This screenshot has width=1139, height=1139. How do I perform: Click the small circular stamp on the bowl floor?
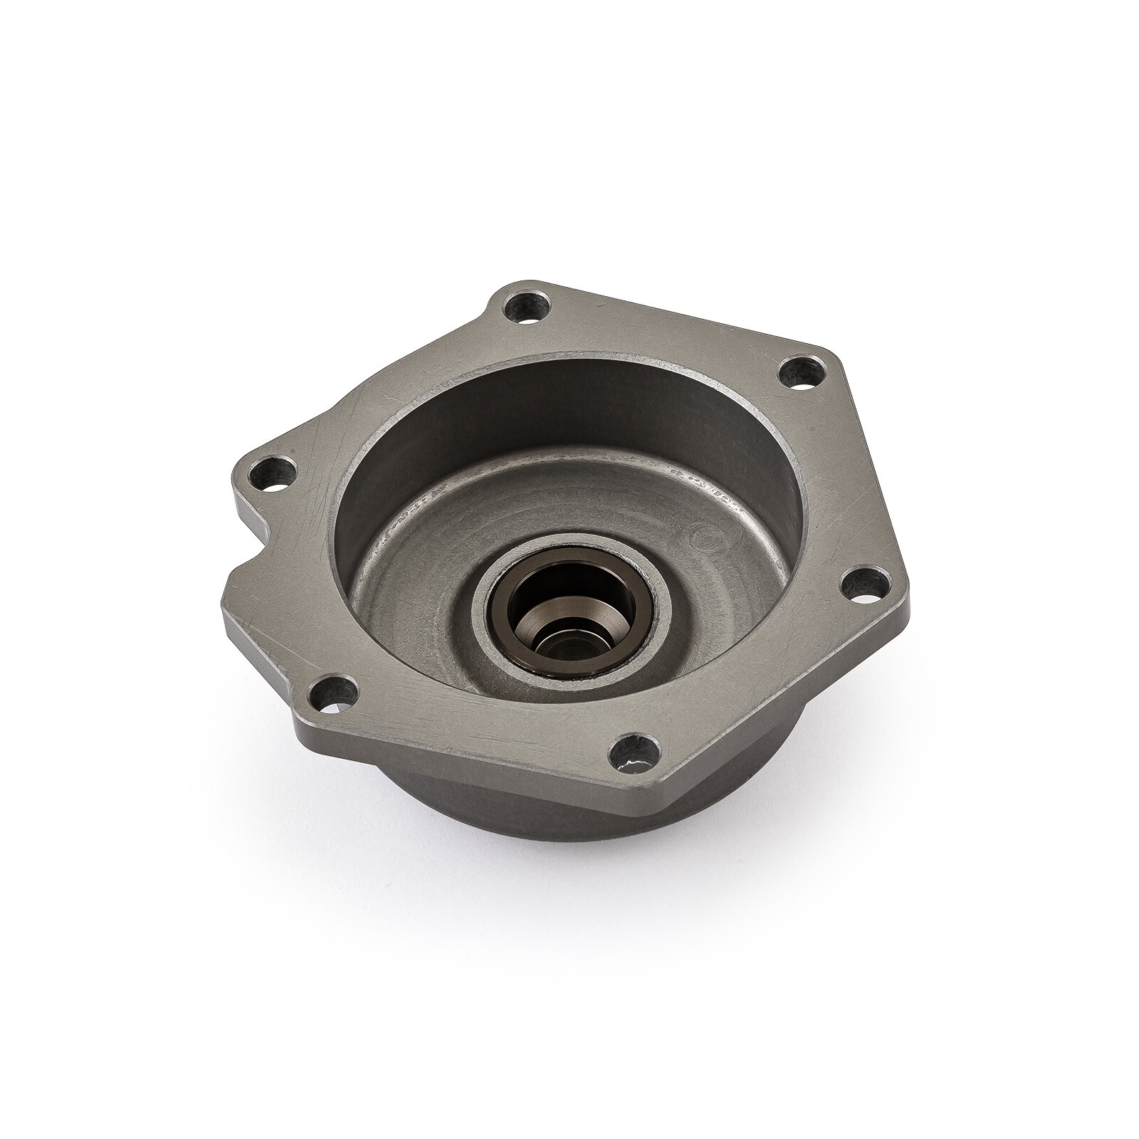tap(701, 532)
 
